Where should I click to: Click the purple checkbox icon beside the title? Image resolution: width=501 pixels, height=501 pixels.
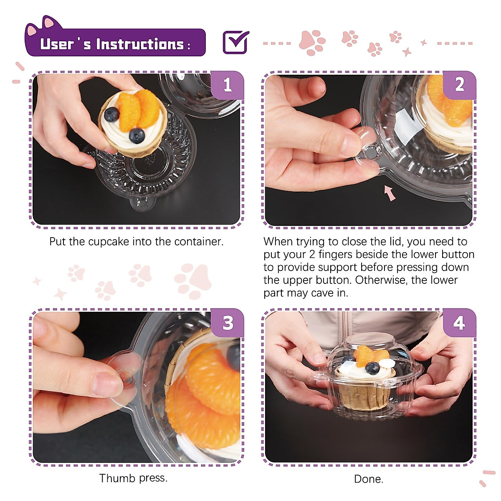coord(235,42)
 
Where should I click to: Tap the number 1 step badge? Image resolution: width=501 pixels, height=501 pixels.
coord(227,85)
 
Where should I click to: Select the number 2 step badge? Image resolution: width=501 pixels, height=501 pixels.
coord(459,85)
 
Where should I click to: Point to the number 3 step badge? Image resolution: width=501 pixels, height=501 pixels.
coord(227,323)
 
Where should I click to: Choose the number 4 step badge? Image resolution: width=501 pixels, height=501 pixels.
coord(459,323)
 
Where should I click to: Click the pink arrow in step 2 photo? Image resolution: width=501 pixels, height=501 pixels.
coord(390,192)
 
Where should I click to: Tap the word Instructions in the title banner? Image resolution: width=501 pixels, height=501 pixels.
coord(140,44)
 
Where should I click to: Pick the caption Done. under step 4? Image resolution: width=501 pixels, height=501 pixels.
coord(369,479)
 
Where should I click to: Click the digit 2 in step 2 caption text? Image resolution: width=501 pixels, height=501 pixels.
coord(312,254)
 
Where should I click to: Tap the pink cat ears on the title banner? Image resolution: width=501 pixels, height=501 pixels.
coord(44,25)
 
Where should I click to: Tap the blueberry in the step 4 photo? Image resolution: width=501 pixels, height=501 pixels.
coord(372,368)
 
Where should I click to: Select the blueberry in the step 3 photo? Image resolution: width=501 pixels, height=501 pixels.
coord(233,357)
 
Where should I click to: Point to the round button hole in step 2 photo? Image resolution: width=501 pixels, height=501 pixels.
coord(371,152)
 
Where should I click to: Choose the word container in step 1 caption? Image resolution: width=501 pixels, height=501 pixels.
coord(198,242)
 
